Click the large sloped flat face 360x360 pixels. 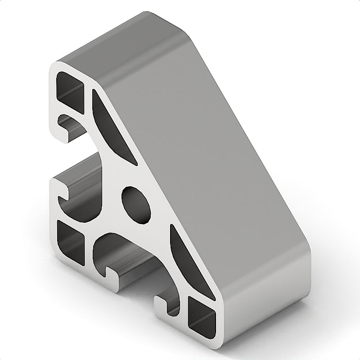[211, 153]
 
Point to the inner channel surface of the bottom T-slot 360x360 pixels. [130, 261]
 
